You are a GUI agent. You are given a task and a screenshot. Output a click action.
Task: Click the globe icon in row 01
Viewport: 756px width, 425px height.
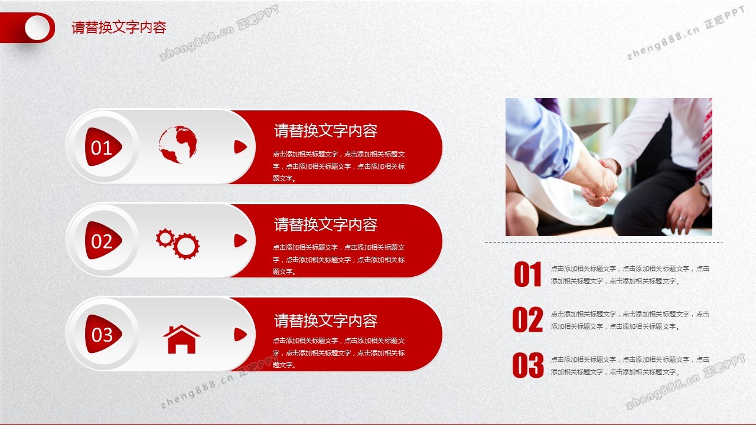click(x=178, y=145)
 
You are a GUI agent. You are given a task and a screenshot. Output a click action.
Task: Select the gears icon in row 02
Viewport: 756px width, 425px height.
click(x=178, y=244)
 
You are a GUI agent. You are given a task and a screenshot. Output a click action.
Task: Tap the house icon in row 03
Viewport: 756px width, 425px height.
click(x=181, y=339)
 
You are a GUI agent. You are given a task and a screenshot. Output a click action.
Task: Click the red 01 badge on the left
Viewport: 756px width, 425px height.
click(x=103, y=147)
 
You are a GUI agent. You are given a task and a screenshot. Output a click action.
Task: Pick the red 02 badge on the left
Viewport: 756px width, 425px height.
click(x=103, y=240)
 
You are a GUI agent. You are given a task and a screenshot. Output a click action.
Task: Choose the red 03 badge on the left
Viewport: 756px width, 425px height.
click(x=103, y=334)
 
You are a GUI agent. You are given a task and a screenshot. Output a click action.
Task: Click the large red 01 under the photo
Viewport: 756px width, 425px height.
click(x=528, y=274)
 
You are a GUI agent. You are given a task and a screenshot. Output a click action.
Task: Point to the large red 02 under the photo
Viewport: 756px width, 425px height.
click(x=527, y=319)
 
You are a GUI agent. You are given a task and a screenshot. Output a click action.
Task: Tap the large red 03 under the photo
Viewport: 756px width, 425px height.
click(x=528, y=365)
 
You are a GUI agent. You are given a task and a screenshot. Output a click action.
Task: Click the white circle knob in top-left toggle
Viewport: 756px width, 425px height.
click(x=37, y=28)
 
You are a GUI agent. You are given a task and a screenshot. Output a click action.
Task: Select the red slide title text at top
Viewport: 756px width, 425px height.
click(x=119, y=27)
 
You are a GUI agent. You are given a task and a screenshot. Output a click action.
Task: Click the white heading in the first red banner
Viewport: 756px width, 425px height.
click(x=325, y=131)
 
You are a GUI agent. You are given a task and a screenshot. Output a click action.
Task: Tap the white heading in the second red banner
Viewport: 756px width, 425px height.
click(x=325, y=225)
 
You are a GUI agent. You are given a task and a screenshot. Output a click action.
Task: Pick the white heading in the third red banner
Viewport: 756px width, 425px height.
click(x=325, y=321)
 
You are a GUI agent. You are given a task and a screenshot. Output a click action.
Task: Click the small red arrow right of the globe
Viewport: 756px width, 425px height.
click(x=240, y=147)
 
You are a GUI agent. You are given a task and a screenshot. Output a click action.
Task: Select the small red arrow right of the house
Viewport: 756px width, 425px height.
click(x=240, y=335)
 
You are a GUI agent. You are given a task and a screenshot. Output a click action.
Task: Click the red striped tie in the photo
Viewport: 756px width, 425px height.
click(x=704, y=145)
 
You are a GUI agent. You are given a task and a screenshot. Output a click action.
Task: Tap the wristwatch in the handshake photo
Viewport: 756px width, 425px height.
click(x=705, y=191)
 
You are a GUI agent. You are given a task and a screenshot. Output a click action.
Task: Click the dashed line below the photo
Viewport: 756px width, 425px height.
click(x=604, y=242)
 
